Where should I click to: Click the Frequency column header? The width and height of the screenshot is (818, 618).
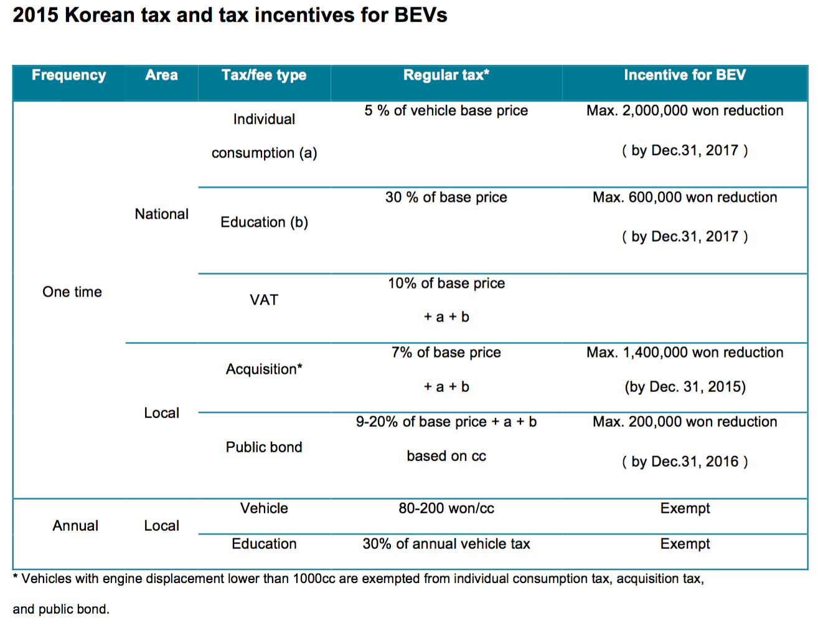pos(68,75)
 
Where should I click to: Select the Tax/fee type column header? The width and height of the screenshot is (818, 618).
pos(264,75)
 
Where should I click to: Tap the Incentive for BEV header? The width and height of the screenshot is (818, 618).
pos(685,75)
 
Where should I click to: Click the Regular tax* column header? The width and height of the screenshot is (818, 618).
pos(446,75)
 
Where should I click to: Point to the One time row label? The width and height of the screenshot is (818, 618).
pos(72,292)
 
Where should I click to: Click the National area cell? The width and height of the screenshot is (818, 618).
pos(161,214)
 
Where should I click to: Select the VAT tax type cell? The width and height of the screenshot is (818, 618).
pos(264,300)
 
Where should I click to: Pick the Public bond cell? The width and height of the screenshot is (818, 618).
pos(264,447)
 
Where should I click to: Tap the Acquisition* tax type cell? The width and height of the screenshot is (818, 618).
pos(264,369)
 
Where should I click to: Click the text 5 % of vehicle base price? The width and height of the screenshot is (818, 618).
pos(446,111)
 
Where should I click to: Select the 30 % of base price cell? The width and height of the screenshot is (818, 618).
pos(446,197)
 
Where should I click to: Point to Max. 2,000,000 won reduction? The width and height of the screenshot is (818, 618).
pos(685,111)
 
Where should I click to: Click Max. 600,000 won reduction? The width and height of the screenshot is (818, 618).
pos(685,197)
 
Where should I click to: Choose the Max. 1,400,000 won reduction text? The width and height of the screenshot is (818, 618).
pos(685,353)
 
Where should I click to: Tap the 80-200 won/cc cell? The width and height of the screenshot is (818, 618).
pos(446,508)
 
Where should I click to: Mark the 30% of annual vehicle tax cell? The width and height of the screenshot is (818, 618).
pos(446,544)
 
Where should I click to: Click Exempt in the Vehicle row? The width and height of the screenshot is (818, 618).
pos(685,508)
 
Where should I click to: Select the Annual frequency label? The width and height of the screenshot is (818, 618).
pos(75,526)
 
